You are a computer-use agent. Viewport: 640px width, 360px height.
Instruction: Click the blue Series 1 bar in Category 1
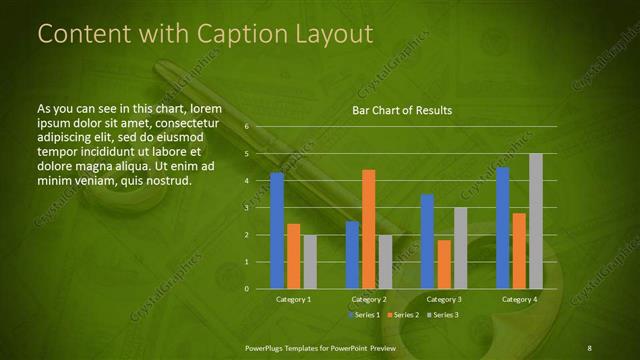click(277, 231)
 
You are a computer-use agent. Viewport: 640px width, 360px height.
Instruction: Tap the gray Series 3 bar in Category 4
click(536, 221)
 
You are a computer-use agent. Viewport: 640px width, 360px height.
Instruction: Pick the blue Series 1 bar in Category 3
click(427, 241)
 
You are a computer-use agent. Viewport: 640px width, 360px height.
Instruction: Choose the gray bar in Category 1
click(310, 262)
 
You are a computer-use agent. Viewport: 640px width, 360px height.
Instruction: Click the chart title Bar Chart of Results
click(402, 109)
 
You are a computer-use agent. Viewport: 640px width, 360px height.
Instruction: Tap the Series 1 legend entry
click(365, 315)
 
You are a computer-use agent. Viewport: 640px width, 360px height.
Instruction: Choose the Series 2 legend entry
click(405, 315)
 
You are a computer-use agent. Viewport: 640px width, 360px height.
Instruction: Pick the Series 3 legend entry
click(444, 315)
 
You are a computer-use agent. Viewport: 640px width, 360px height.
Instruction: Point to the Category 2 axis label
click(369, 299)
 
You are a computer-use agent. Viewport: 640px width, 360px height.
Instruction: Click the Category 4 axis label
click(519, 299)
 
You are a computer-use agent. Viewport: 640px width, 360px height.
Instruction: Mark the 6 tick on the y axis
click(246, 128)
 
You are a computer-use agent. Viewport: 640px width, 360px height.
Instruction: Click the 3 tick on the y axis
click(246, 208)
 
